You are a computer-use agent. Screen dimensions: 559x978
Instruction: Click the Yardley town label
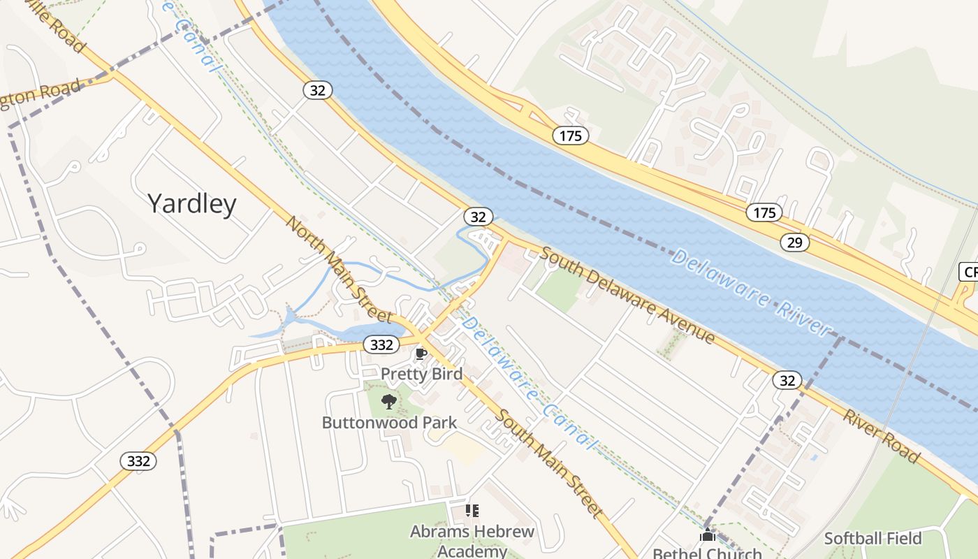click(x=192, y=203)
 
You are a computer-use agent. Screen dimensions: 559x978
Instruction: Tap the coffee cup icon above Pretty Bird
click(x=421, y=354)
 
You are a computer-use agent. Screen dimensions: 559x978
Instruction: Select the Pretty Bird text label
click(x=421, y=374)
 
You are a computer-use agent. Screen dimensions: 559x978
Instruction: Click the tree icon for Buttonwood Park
click(x=388, y=402)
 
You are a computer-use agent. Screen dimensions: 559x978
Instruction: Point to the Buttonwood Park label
click(x=389, y=423)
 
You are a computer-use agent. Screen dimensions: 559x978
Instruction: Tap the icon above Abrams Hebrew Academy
click(x=472, y=511)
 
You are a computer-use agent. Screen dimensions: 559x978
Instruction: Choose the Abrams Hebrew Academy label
click(x=472, y=541)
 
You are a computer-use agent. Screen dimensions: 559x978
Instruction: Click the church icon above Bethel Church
click(x=708, y=536)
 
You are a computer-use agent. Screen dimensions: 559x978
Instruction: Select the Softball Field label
click(x=873, y=538)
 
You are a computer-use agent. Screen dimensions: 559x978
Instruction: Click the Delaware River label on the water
click(x=751, y=291)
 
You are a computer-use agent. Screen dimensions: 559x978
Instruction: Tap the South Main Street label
click(x=549, y=463)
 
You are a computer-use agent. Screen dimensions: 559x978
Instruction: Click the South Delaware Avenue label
click(x=627, y=296)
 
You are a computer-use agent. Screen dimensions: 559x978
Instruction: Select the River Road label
click(x=881, y=436)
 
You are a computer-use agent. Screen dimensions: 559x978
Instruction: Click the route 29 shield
click(x=794, y=242)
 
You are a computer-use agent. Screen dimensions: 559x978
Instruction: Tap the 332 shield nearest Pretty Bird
click(x=381, y=344)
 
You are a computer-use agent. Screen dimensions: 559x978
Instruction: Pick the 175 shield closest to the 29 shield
click(x=764, y=212)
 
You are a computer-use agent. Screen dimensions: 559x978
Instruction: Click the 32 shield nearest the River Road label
click(x=787, y=380)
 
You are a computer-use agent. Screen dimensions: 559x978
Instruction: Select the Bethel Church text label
click(x=707, y=553)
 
